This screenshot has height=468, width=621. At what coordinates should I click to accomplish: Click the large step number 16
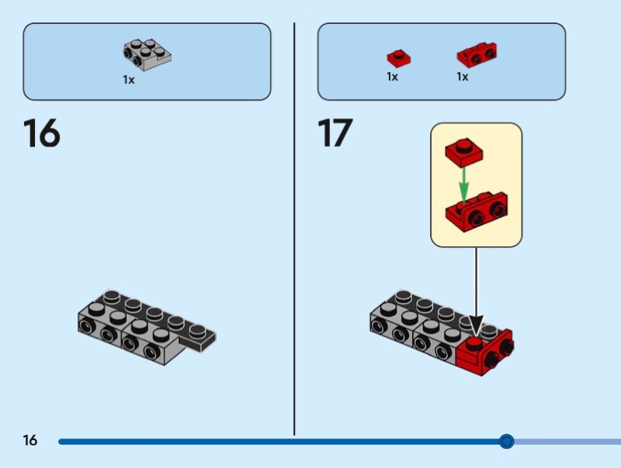[41, 132]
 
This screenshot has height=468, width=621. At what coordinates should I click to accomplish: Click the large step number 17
[335, 132]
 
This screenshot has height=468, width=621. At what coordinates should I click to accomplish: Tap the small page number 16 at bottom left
[29, 441]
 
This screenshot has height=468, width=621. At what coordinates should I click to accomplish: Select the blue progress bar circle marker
[507, 442]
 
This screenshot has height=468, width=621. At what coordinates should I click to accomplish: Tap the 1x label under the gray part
[128, 79]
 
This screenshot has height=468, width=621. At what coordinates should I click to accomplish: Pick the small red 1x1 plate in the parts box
[398, 57]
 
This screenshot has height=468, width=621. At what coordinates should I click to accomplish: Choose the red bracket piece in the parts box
[477, 54]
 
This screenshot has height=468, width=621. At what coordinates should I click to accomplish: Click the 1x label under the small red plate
[392, 77]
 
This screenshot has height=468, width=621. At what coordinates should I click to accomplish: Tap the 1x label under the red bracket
[462, 77]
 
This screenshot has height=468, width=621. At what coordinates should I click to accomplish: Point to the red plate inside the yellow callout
[463, 150]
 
